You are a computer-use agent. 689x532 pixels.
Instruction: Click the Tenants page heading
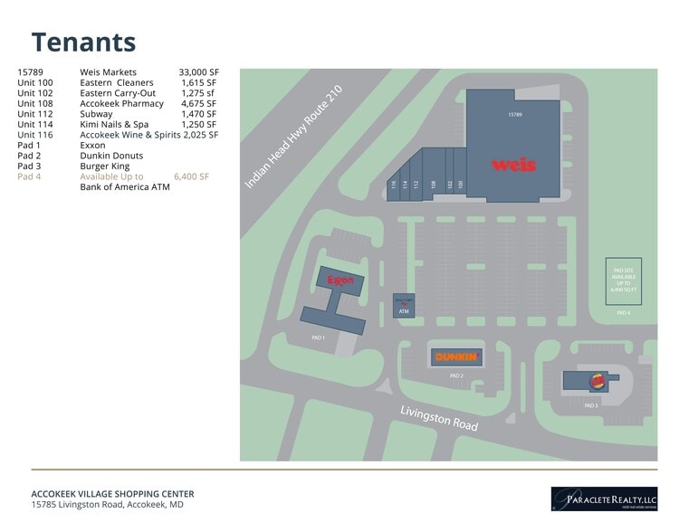tap(83, 42)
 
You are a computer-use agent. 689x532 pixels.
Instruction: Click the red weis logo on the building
tap(513, 165)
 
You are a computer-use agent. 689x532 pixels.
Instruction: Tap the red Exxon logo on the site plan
tap(340, 280)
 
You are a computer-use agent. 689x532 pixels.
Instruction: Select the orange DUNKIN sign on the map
tap(455, 357)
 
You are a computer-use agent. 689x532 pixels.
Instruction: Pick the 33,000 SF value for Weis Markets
tap(198, 71)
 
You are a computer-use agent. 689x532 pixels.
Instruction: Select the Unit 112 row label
tap(34, 114)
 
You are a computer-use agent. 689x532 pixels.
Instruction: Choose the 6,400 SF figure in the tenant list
tap(191, 176)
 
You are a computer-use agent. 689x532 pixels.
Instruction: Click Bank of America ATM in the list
tap(125, 187)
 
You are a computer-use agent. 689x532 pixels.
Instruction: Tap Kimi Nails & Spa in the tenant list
tap(115, 124)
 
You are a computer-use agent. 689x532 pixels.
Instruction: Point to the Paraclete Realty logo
tap(604, 498)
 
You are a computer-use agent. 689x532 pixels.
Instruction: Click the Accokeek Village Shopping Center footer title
tap(112, 493)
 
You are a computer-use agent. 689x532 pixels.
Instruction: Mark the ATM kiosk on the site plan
tap(404, 306)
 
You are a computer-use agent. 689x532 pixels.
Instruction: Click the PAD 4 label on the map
tap(623, 312)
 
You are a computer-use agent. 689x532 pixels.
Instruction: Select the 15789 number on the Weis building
tap(514, 116)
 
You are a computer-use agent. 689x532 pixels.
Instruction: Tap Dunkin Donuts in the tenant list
tap(111, 156)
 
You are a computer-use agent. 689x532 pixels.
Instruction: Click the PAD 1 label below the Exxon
tap(318, 337)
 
